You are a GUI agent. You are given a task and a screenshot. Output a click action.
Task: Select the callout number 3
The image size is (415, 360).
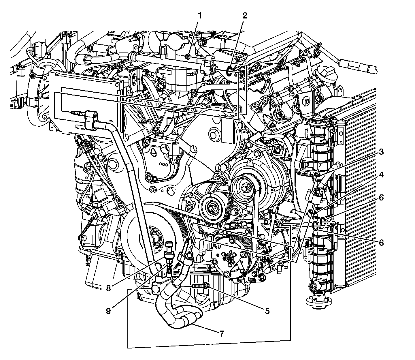[x=381, y=152]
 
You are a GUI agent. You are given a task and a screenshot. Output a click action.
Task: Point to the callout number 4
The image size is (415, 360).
[x=381, y=175]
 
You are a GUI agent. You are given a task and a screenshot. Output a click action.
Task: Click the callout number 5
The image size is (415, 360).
[x=267, y=311]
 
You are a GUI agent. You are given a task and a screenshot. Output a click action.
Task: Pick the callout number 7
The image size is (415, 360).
[x=221, y=334]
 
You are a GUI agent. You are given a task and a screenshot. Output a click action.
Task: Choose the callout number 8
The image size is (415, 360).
[x=108, y=288]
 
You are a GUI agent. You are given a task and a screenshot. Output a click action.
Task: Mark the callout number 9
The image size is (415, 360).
[x=108, y=311]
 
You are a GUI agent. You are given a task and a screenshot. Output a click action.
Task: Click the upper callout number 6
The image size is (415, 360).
[x=381, y=198]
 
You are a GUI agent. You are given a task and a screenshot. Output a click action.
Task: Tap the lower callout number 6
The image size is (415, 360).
[x=381, y=243]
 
